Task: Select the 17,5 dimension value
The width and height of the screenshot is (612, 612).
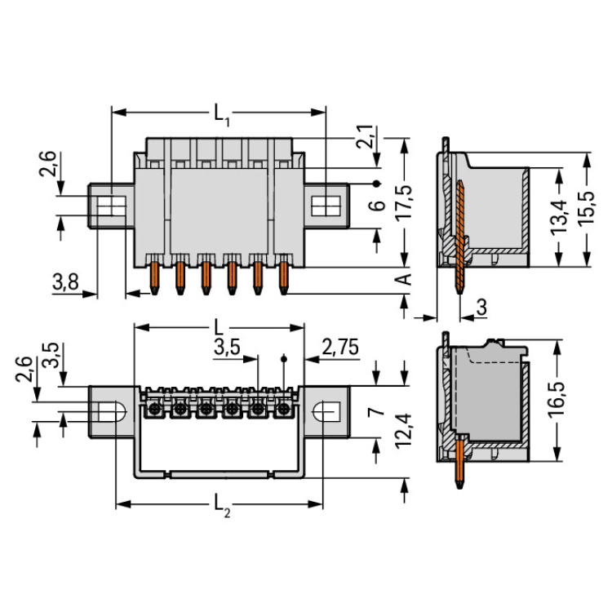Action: (404, 202)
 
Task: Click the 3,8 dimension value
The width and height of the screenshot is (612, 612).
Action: (65, 283)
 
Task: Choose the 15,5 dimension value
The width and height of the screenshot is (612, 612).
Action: (589, 210)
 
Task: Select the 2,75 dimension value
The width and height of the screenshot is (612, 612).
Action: (340, 347)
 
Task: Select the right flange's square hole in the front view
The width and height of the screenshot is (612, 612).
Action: (329, 203)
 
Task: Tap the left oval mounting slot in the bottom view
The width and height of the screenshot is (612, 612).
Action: (114, 410)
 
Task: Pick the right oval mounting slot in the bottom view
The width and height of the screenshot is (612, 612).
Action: (327, 410)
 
